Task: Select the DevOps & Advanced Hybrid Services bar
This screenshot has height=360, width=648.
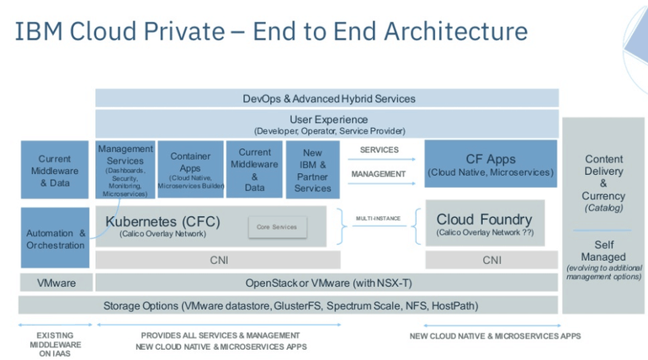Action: (327, 98)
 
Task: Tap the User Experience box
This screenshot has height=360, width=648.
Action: (327, 124)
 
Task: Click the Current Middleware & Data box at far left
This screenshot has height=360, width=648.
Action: (55, 170)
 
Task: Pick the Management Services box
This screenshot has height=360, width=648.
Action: (125, 170)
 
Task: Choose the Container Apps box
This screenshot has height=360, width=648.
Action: (190, 170)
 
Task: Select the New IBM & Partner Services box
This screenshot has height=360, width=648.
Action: (312, 170)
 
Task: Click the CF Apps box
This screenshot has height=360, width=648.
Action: (490, 164)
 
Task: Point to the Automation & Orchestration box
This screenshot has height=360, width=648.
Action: (55, 239)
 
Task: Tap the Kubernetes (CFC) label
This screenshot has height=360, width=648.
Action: (162, 221)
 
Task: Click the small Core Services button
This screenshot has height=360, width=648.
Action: (277, 226)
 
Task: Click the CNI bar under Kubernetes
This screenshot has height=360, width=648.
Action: (218, 260)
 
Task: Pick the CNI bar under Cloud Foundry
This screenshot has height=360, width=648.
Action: (491, 260)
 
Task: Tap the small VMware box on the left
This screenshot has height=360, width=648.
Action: (55, 283)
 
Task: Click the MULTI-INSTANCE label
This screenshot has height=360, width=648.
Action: (378, 219)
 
